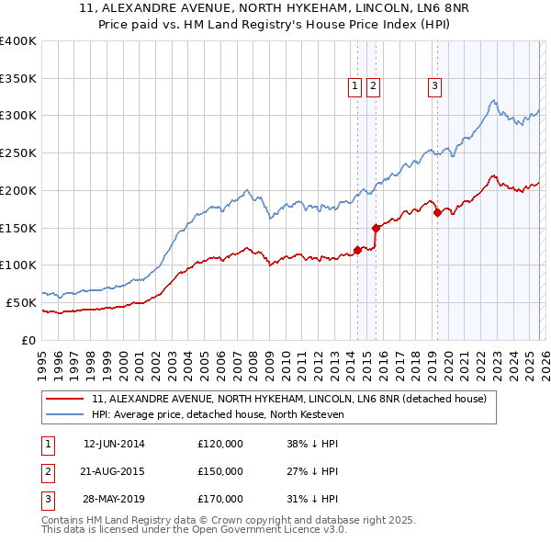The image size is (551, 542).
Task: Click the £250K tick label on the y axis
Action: coord(18,152)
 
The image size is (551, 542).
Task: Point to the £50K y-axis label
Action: coord(21,302)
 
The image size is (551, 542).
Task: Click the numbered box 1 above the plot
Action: coord(354,86)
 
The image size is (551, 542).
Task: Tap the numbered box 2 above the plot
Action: coord(374,86)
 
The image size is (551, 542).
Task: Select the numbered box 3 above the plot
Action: coord(433,86)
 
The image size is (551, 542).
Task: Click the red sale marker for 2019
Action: coord(437,213)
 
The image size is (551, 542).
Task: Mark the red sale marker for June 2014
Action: coord(357,250)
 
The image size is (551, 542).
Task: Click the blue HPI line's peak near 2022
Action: coord(494,101)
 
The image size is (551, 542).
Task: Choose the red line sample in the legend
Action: coord(65,400)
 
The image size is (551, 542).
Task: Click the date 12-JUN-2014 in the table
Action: coord(114,444)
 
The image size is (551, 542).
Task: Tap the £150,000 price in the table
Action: coord(220,471)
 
